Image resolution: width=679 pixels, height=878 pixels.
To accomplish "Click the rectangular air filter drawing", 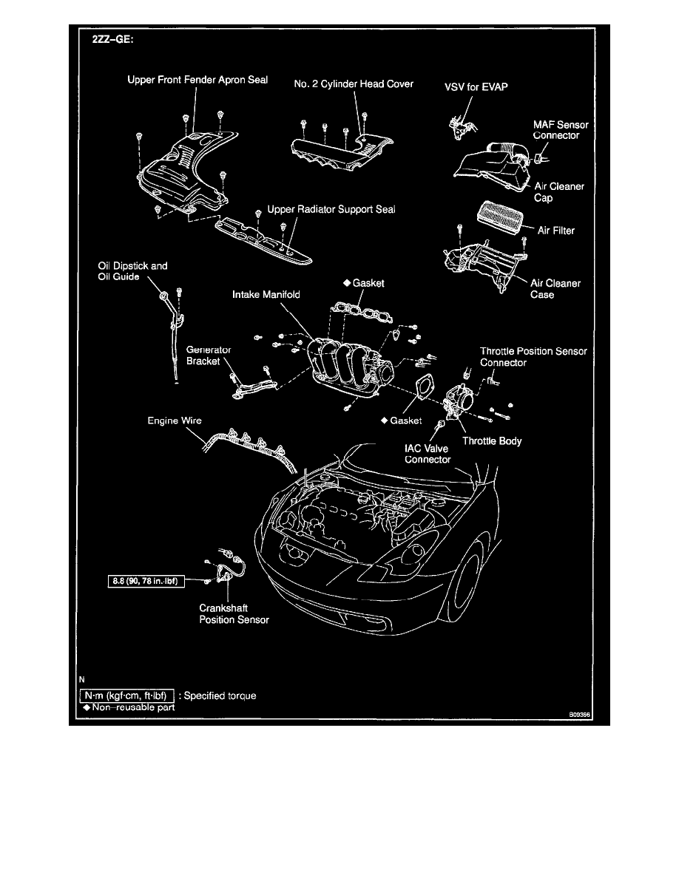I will point(496,219).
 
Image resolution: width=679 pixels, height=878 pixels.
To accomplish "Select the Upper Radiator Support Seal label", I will point(331,210).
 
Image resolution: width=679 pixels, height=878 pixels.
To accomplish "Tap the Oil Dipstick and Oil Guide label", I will point(132,270).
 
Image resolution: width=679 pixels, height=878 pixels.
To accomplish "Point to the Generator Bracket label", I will point(209,355).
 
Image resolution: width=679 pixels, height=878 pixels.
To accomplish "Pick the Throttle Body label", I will point(492,441).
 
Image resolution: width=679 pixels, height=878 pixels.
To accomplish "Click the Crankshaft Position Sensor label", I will point(234,615).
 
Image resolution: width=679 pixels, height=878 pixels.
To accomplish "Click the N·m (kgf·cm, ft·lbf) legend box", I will point(126,695).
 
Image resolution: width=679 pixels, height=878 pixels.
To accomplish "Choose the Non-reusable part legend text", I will point(130,707).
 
